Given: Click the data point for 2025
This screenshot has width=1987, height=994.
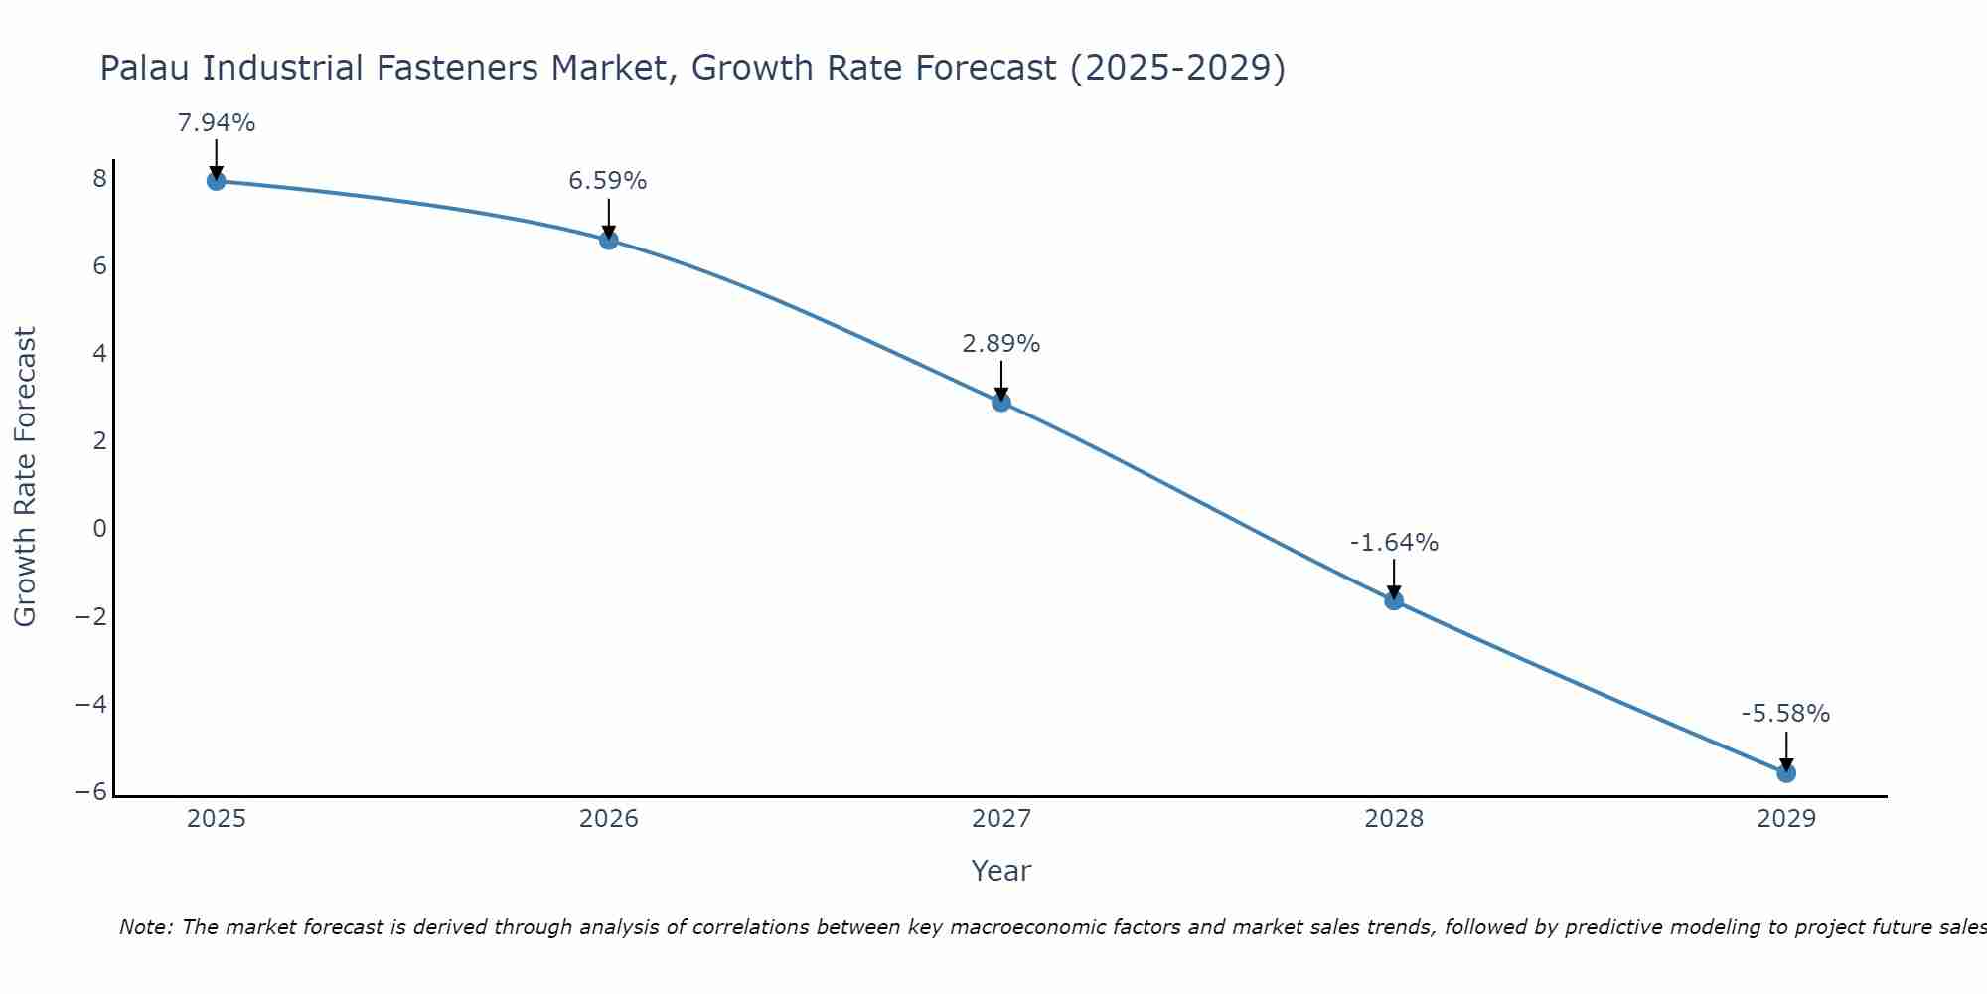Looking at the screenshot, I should coord(216,180).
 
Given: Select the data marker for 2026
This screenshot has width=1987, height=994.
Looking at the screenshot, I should coord(608,240).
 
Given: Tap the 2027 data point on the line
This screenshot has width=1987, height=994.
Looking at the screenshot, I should coord(1001,402).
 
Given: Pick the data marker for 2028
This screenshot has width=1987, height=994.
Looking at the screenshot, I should coord(1394,600).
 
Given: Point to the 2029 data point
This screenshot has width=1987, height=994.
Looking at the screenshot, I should coord(1786,772).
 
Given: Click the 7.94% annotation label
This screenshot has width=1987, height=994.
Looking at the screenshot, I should coord(216,123).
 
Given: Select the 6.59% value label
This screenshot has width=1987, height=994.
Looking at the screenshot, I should coord(608,181).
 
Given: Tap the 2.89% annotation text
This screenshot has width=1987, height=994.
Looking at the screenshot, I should coord(1001,344).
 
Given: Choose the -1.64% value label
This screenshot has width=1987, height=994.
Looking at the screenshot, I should coord(1394,543).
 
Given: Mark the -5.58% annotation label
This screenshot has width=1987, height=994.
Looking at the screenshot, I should coord(1785,714).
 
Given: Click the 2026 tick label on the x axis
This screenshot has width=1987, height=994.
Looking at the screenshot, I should coord(609,819).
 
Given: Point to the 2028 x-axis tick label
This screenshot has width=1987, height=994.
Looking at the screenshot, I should coord(1394,819).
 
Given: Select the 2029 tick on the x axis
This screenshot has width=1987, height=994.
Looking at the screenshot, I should coord(1786,819).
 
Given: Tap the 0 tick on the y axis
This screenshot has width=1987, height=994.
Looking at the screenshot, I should coord(99,529).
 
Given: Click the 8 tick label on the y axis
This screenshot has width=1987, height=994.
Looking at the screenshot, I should coord(99,179).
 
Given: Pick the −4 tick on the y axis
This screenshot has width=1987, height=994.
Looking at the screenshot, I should coord(91,704).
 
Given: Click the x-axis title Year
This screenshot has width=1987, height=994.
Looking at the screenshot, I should coord(1000,871).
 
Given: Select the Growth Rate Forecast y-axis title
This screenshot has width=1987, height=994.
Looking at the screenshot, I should coord(26,477).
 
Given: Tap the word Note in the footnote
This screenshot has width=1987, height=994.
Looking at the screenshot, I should coord(145,927).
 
